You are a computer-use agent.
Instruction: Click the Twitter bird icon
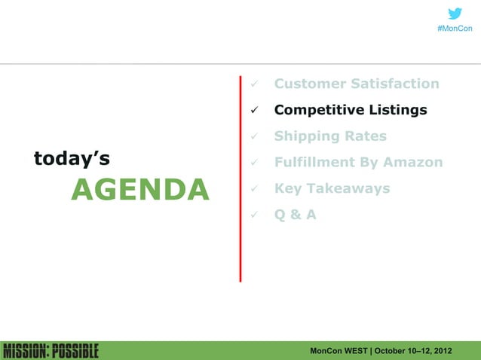pos(455,14)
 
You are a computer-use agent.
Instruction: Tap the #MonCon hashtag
pos(455,29)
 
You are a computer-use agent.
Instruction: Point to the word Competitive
pos(318,110)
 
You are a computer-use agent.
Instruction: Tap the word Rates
pos(367,136)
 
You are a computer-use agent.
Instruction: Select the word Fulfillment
pos(317,163)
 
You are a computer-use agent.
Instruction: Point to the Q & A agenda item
pos(296,215)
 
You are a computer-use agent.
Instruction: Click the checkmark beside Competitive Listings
pos(256,111)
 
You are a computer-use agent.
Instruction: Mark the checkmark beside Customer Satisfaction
pos(256,84)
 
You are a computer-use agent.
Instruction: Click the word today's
pos(72,158)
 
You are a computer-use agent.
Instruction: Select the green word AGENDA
pos(139,191)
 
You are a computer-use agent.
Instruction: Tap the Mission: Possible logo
pos(51,351)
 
